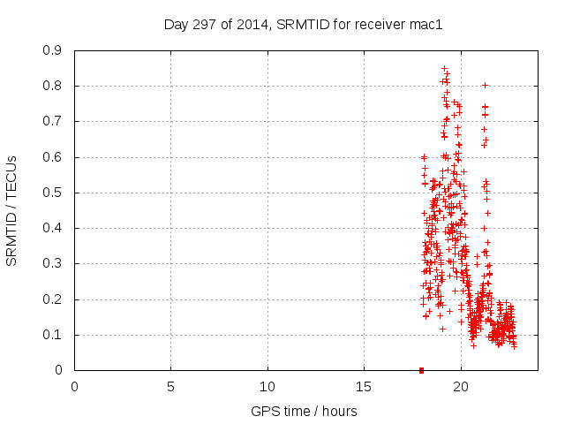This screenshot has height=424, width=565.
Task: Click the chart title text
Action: (303, 25)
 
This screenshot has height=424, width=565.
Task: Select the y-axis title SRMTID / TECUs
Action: (12, 210)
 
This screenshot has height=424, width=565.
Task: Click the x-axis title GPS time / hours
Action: (304, 411)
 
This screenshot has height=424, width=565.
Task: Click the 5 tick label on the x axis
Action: (171, 387)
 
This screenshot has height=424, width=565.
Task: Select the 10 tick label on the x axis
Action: (267, 387)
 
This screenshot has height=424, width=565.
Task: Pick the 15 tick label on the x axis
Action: (364, 387)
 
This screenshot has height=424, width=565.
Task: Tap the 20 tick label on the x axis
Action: (461, 387)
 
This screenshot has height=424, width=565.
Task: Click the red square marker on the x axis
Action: (421, 370)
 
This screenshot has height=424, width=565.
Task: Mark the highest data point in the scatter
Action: (444, 68)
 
